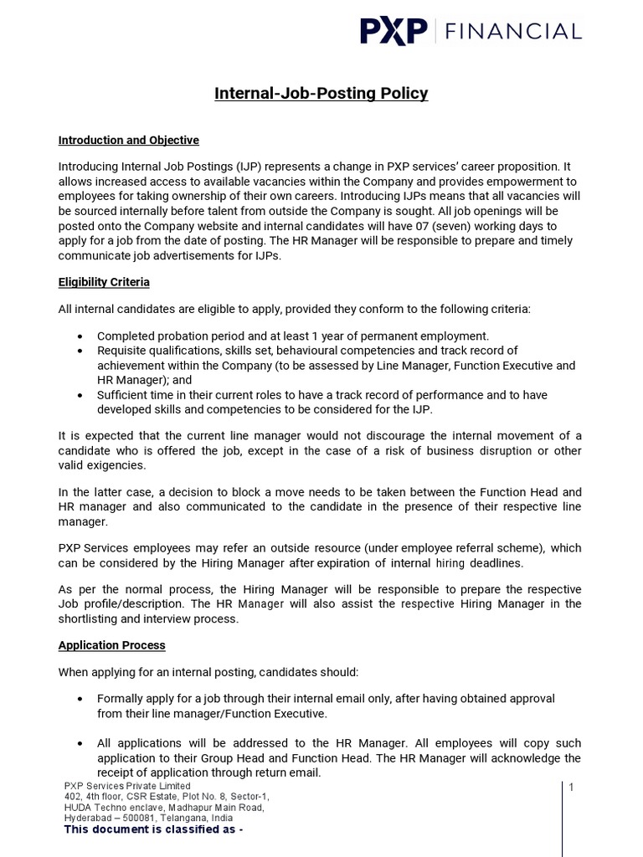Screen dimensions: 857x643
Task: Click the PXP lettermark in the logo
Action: click(x=394, y=32)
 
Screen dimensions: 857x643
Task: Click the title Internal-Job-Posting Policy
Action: click(x=321, y=93)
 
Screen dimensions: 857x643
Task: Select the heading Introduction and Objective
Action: click(x=128, y=140)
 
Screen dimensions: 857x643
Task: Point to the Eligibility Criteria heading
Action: click(x=104, y=282)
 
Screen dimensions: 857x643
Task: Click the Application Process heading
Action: click(x=111, y=645)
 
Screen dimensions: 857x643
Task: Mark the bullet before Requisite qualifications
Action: click(x=80, y=351)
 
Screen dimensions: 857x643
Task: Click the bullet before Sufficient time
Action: click(x=80, y=395)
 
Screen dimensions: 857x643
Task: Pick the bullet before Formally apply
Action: click(x=80, y=699)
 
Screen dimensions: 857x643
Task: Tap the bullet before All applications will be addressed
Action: click(x=80, y=744)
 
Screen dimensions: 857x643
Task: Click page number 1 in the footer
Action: click(x=571, y=788)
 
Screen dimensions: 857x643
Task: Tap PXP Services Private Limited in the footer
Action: click(x=127, y=787)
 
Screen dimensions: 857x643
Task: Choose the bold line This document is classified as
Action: click(x=153, y=830)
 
